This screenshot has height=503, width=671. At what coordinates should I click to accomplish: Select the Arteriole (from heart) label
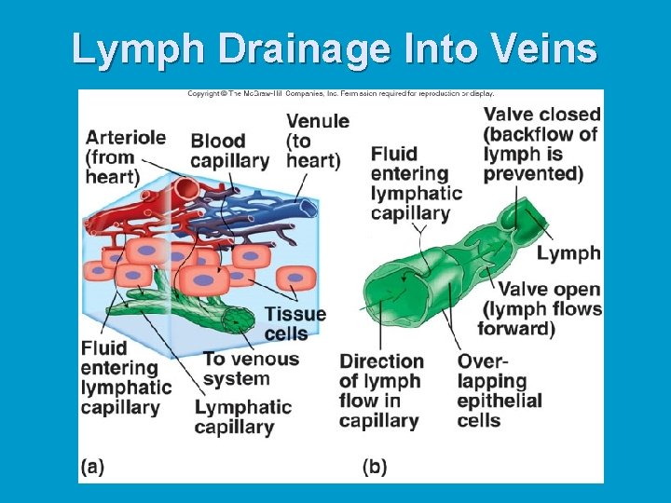pyautogui.click(x=125, y=156)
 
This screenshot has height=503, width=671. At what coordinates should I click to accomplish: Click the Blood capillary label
pyautogui.click(x=229, y=151)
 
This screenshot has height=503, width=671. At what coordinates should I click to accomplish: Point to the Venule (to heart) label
pyautogui.click(x=317, y=141)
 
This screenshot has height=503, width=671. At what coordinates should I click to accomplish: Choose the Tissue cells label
pyautogui.click(x=294, y=323)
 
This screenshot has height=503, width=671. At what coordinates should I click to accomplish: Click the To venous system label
pyautogui.click(x=250, y=369)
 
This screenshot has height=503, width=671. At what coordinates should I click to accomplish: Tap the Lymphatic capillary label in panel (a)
pyautogui.click(x=242, y=417)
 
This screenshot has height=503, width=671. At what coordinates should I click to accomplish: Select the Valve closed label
pyautogui.click(x=541, y=143)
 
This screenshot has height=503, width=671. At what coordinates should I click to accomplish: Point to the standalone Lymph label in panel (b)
pyautogui.click(x=569, y=253)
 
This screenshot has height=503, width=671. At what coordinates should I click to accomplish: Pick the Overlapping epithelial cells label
pyautogui.click(x=499, y=389)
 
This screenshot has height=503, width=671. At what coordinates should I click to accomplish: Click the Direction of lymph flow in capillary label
pyautogui.click(x=381, y=390)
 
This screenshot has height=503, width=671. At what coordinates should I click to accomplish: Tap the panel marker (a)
pyautogui.click(x=92, y=466)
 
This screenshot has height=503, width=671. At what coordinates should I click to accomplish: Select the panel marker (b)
pyautogui.click(x=375, y=466)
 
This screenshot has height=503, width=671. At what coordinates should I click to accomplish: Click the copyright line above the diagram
pyautogui.click(x=340, y=93)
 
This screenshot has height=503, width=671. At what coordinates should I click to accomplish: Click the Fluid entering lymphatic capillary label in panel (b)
pyautogui.click(x=416, y=184)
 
